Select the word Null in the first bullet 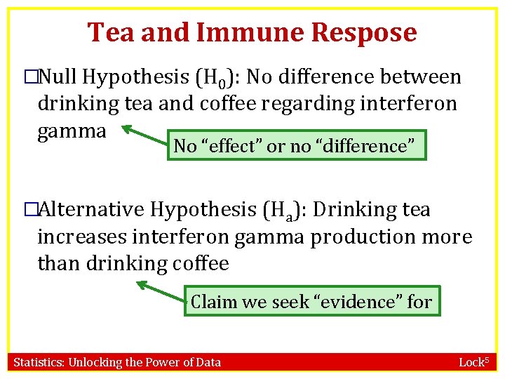tap(62, 77)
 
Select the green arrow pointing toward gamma tap(144, 137)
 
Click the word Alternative tap(93, 209)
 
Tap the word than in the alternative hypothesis tap(59, 263)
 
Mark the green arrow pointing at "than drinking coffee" tap(161, 291)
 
